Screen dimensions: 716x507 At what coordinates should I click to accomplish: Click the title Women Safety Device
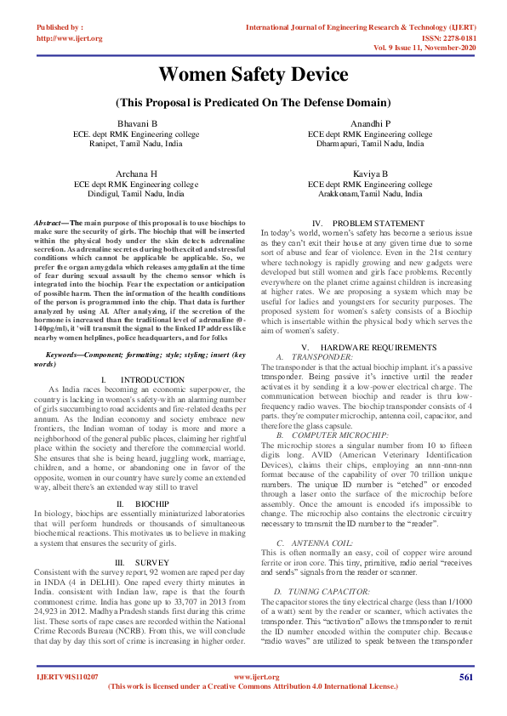pos(253,74)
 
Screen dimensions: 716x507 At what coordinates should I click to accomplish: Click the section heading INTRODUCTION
pos(152,379)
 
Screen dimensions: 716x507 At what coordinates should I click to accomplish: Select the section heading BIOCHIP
pos(152,504)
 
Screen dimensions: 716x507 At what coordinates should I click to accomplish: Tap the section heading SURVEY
pos(152,563)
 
